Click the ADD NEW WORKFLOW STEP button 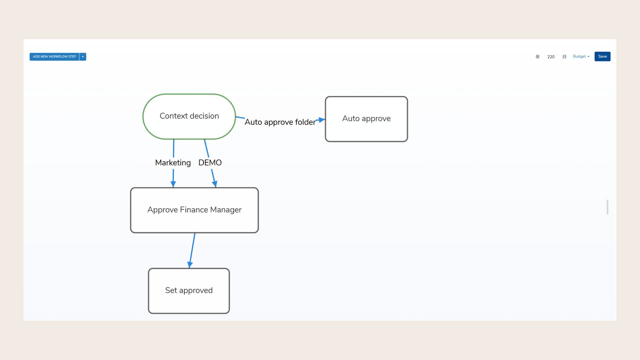click(54, 57)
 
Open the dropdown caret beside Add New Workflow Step click(83, 57)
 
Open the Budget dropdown click(581, 57)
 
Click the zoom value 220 click(551, 57)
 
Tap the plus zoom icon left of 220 click(537, 57)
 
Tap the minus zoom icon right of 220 click(564, 57)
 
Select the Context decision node click(189, 116)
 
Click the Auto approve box click(366, 119)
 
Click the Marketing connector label click(173, 163)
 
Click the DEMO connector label click(210, 163)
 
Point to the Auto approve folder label click(280, 122)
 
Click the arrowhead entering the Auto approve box click(322, 120)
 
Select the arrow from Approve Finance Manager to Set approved click(192, 250)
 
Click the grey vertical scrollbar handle click(607, 207)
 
